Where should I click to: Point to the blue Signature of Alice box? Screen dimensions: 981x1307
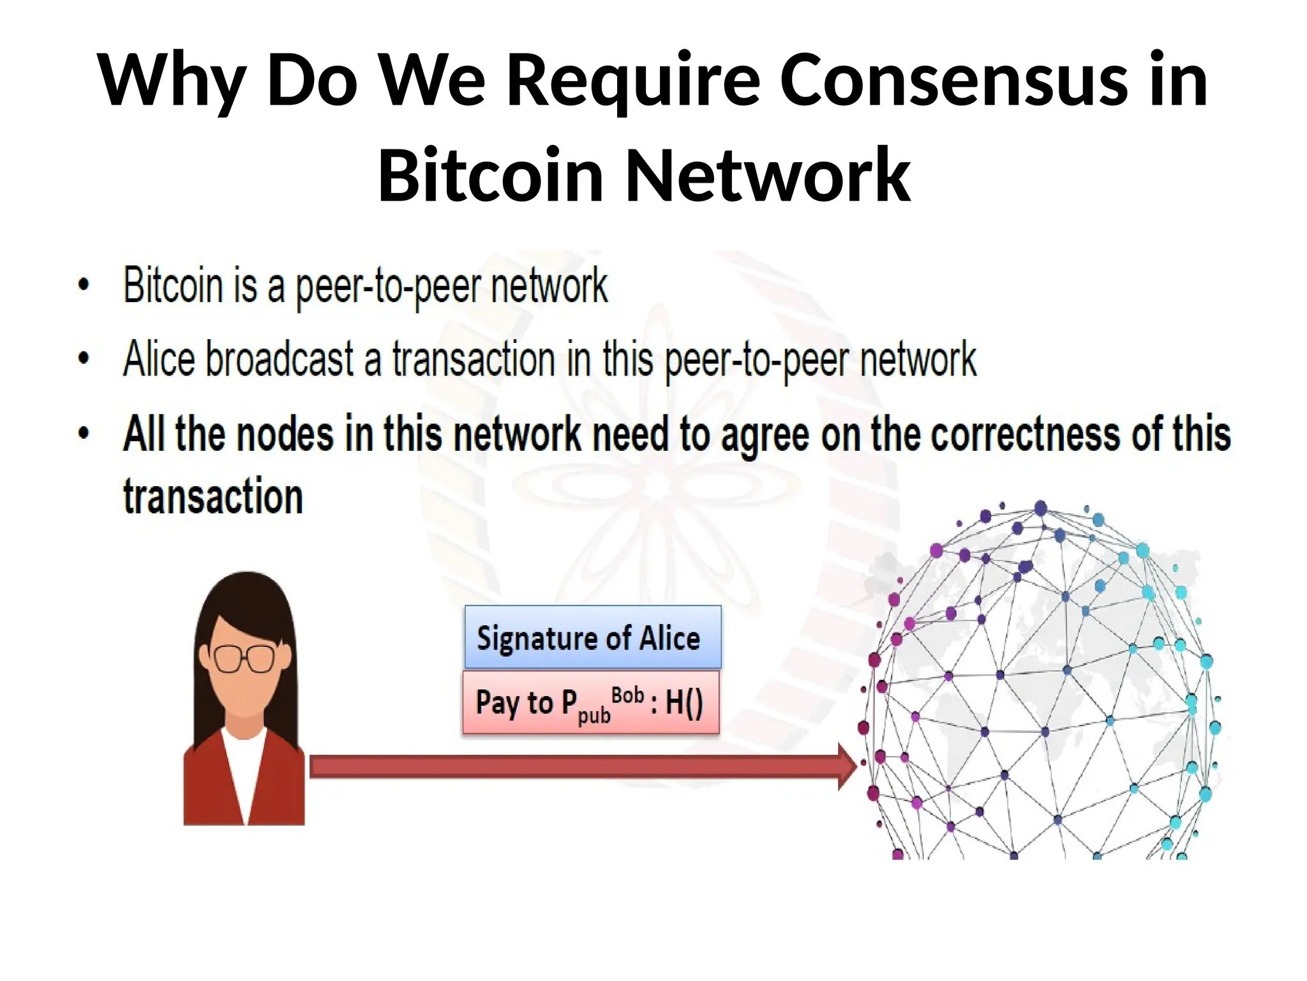pyautogui.click(x=593, y=637)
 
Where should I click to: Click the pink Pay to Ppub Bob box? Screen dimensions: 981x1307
pyautogui.click(x=590, y=703)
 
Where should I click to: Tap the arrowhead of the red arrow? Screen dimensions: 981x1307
pyautogui.click(x=847, y=767)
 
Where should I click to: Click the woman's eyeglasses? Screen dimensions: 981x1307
pyautogui.click(x=244, y=658)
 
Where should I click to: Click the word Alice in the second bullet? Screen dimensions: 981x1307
pyautogui.click(x=159, y=359)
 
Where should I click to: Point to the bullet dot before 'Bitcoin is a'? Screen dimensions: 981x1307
pyautogui.click(x=84, y=285)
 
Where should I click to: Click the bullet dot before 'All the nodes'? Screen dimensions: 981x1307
pyautogui.click(x=84, y=433)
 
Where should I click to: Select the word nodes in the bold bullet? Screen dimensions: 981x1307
pyautogui.click(x=285, y=434)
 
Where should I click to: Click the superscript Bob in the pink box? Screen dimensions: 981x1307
pyautogui.click(x=627, y=695)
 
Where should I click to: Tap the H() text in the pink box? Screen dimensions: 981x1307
pyautogui.click(x=684, y=703)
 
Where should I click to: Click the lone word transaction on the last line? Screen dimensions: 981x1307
pyautogui.click(x=213, y=496)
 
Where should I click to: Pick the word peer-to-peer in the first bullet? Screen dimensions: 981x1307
pyautogui.click(x=388, y=287)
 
